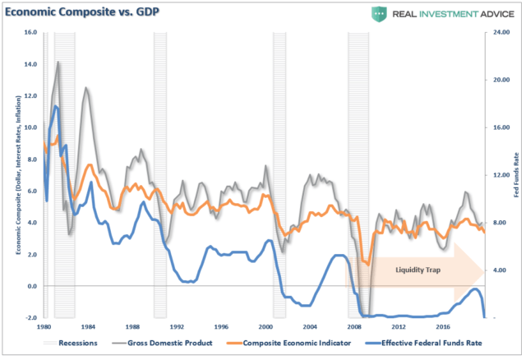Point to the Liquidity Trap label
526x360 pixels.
[x=418, y=269]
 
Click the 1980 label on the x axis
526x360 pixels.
[x=44, y=327]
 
